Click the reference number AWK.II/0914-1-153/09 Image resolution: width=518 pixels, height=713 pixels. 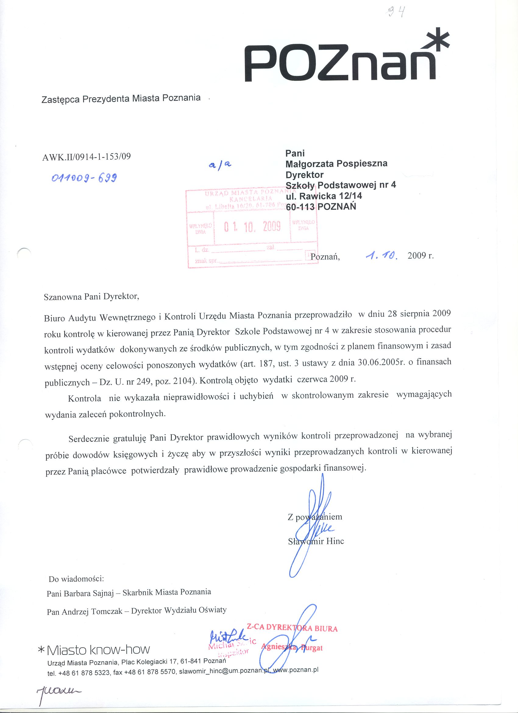pos(87,156)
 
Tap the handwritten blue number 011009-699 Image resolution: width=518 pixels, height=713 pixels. pos(84,178)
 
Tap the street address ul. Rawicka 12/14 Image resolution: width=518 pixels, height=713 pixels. pos(324,196)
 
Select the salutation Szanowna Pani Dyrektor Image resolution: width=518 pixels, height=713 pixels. pos(91,297)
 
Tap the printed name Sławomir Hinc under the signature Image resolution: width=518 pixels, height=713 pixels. pos(316,541)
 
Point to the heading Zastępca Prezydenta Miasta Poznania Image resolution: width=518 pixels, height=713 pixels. pos(121,98)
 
